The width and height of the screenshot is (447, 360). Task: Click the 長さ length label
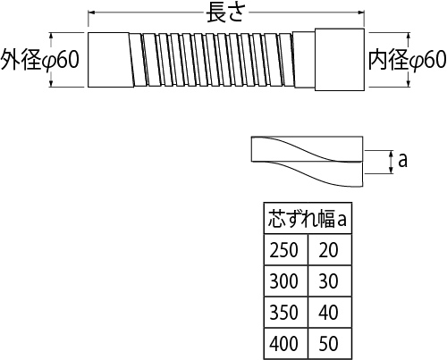click(225, 13)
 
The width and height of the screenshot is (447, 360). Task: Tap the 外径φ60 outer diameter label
click(39, 60)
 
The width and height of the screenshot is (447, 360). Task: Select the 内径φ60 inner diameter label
click(408, 60)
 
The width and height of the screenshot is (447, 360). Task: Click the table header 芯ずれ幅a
click(308, 219)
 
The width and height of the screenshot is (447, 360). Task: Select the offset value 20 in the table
click(328, 249)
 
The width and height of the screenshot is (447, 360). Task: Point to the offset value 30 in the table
click(328, 280)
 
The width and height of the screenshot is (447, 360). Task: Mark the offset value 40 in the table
click(328, 312)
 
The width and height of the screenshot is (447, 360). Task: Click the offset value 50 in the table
click(328, 343)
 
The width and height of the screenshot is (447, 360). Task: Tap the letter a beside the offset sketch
click(402, 161)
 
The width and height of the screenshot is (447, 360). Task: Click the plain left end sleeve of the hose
click(110, 60)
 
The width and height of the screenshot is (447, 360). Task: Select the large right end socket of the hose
click(340, 60)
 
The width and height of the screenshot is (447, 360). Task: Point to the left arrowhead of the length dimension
click(91, 13)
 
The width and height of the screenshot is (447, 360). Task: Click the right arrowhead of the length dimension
click(361, 13)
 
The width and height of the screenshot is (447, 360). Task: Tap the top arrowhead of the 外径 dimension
click(51, 36)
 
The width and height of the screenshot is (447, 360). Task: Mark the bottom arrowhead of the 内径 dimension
click(409, 84)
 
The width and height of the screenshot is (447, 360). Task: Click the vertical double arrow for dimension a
click(392, 162)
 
